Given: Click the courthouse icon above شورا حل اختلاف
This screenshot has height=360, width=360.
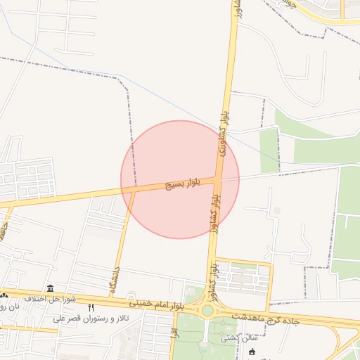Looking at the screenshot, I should [x=50, y=288].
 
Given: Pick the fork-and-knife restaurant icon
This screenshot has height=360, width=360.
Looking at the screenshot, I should [x=90, y=308].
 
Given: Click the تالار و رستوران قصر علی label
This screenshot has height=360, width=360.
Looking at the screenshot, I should [x=84, y=318].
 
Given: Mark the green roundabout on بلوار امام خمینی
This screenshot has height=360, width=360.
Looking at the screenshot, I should [x=207, y=310].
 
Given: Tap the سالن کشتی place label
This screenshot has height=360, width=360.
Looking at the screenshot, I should [x=237, y=337].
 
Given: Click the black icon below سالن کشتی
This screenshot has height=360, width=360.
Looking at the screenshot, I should [x=252, y=352].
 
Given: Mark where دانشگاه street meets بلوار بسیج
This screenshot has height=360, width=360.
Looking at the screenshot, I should [x=133, y=190].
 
